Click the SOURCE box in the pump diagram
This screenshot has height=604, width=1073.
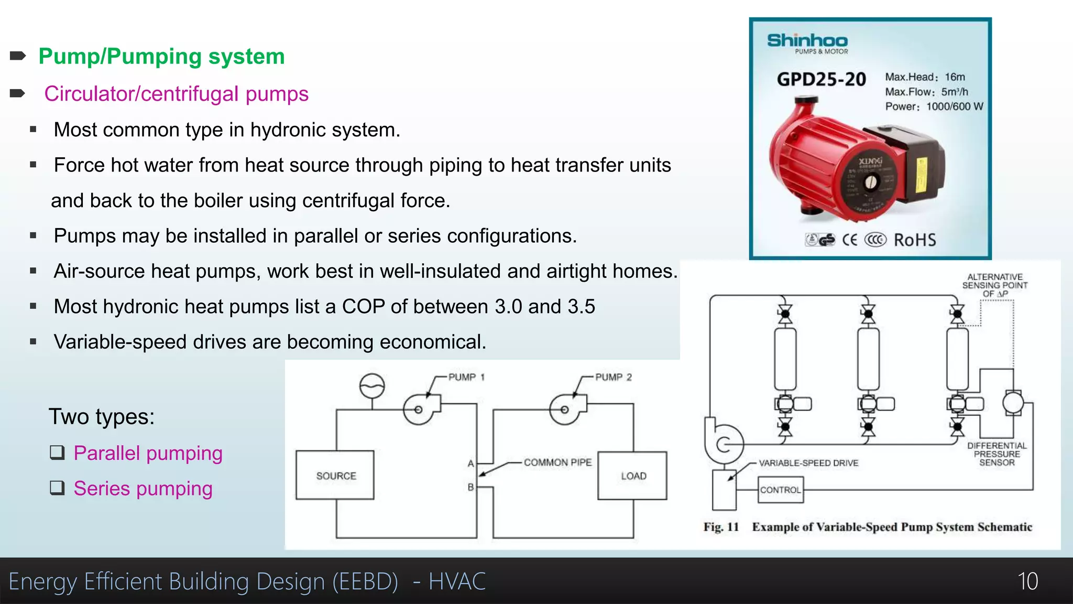[335, 475]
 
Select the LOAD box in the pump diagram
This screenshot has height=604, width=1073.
[633, 476]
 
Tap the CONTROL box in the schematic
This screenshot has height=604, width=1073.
[780, 490]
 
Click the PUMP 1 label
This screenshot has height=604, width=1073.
[466, 377]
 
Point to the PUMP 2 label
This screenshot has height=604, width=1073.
[614, 377]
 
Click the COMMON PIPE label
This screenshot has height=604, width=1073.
[557, 462]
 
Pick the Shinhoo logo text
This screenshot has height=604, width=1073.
[807, 40]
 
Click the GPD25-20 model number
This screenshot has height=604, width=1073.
[821, 80]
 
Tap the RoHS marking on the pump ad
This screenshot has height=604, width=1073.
[915, 240]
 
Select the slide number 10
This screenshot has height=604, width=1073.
[1027, 581]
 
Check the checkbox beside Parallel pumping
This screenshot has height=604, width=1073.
[57, 452]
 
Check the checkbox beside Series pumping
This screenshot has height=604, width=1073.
[57, 488]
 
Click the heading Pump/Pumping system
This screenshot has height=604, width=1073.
[161, 56]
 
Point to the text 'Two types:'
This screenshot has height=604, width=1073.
[102, 417]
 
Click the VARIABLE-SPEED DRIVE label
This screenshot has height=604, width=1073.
[808, 463]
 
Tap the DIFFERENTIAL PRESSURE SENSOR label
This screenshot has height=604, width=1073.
[997, 454]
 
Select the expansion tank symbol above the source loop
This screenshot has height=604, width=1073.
[372, 386]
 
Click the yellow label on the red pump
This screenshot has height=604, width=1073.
[921, 175]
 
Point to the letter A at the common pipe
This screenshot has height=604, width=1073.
[470, 463]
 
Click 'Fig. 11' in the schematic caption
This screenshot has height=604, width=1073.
[721, 527]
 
